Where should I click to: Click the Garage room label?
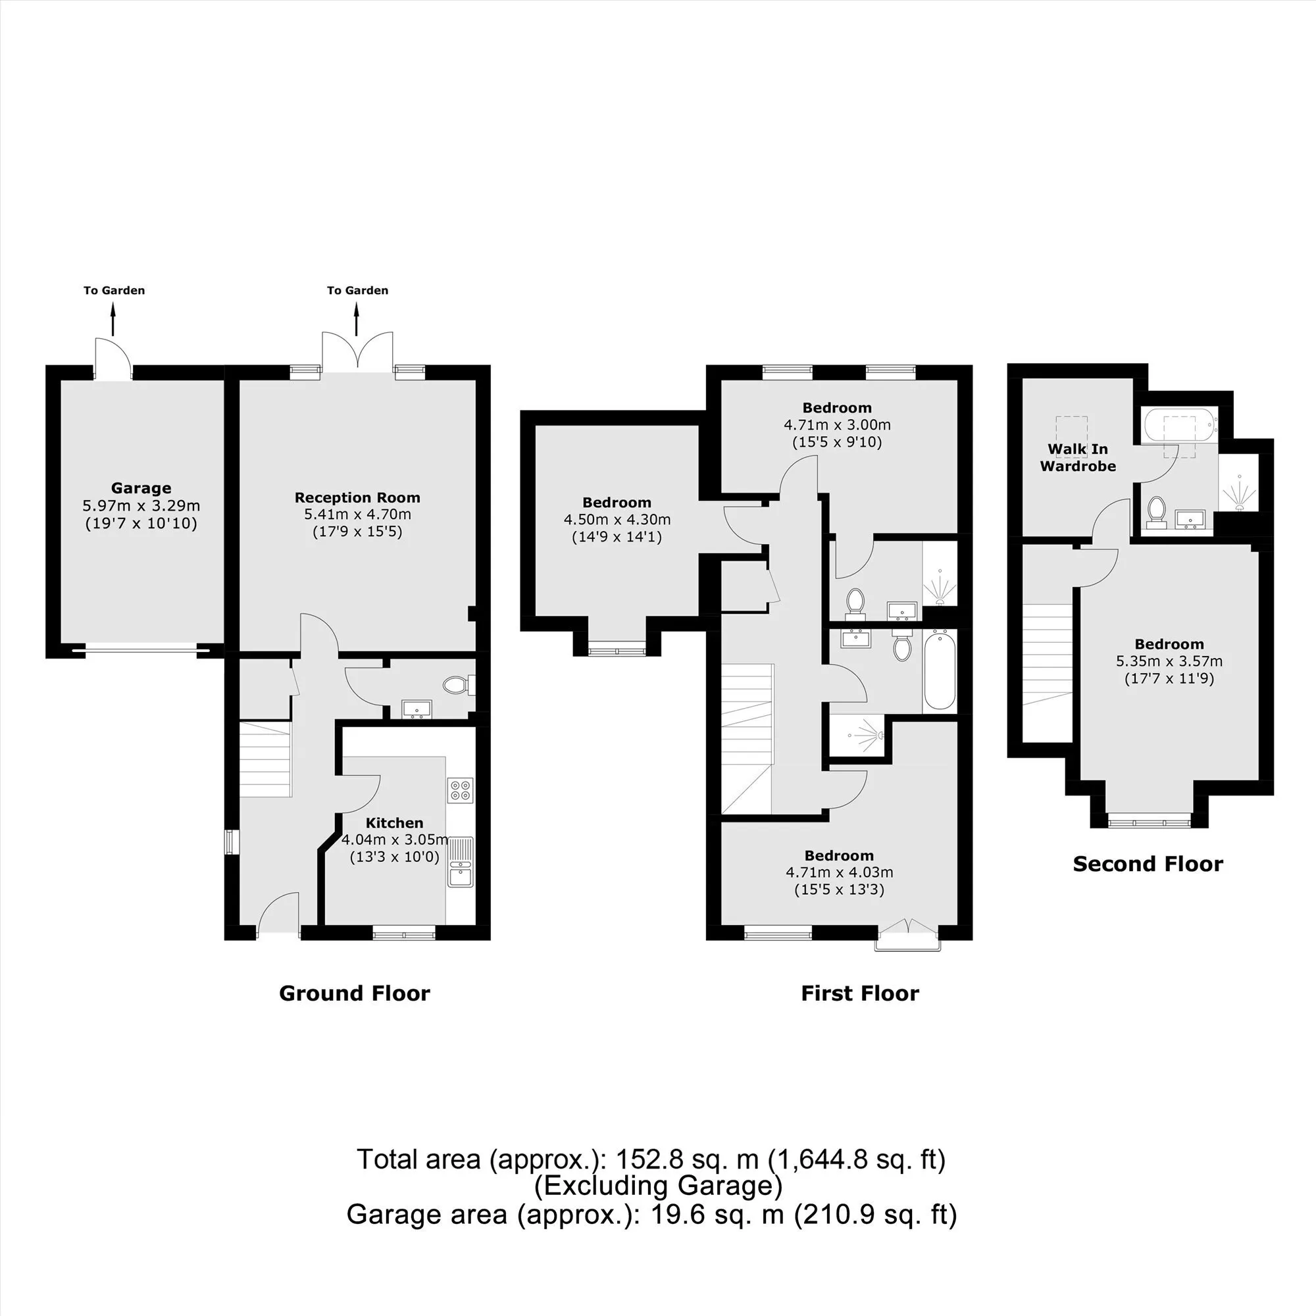(x=141, y=488)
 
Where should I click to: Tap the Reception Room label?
(x=357, y=497)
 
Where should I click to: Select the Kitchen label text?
(x=394, y=823)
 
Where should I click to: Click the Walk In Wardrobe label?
(x=1078, y=458)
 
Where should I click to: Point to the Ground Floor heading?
(x=354, y=993)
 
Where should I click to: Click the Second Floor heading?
(x=1148, y=864)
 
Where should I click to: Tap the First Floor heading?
(x=859, y=993)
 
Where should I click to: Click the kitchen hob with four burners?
(x=461, y=790)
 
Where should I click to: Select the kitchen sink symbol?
(x=461, y=863)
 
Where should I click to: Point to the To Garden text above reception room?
(x=357, y=290)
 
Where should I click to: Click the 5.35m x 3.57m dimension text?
(x=1169, y=661)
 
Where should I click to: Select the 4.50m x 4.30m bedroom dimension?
(x=617, y=520)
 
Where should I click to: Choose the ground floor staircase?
(x=266, y=759)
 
